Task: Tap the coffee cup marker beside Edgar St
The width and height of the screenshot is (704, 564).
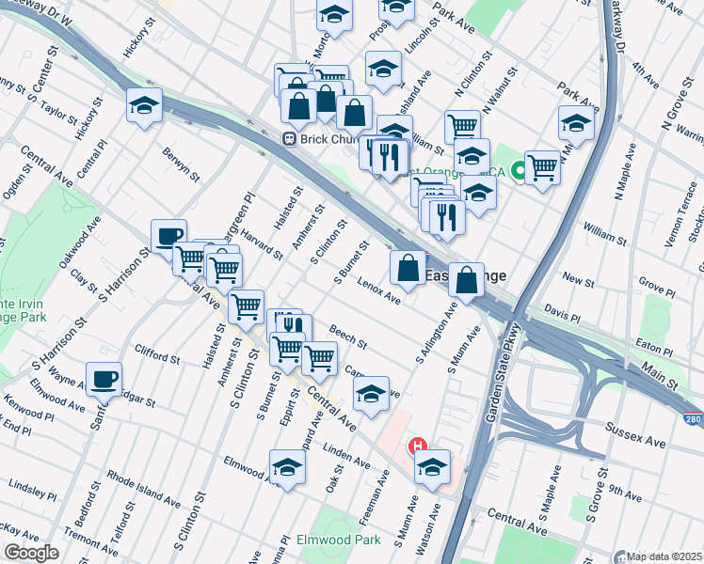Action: click(104, 380)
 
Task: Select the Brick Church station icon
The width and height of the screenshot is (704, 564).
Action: click(291, 139)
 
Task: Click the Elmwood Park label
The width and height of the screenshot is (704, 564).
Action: click(338, 540)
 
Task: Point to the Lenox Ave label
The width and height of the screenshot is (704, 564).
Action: click(379, 295)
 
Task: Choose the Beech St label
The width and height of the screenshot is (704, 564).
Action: click(347, 335)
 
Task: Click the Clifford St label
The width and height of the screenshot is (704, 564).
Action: click(157, 358)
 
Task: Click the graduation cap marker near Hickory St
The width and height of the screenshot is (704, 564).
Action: click(144, 106)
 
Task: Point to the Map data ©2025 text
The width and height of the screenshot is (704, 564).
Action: click(664, 556)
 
